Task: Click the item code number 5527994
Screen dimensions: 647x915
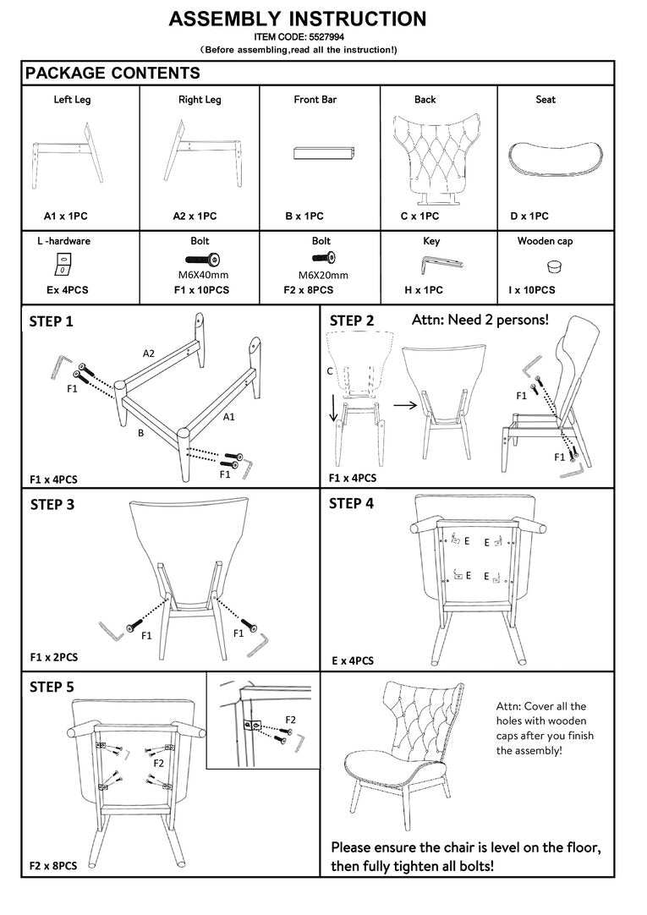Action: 326,36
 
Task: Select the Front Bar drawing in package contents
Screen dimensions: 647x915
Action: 324,153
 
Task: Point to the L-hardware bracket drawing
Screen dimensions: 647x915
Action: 63,264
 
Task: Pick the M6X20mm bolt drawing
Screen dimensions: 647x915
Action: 323,257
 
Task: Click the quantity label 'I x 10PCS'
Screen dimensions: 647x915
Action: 531,290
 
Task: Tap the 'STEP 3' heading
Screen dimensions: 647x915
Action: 52,505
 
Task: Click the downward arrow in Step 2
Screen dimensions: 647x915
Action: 333,407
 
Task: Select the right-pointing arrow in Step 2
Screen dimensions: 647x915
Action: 405,404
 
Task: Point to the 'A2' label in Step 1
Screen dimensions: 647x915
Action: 149,353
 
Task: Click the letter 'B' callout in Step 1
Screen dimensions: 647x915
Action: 140,434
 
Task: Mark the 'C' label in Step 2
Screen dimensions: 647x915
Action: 330,371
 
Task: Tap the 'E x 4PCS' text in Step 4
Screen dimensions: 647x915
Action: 353,661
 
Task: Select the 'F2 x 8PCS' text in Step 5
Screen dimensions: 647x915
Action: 53,866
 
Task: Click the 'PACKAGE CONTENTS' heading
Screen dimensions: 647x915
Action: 112,73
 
